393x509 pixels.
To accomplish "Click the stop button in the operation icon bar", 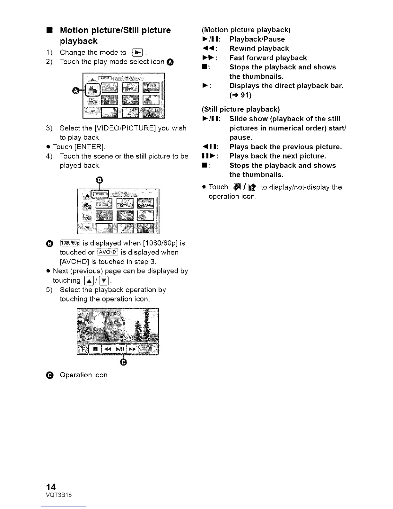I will (x=95, y=349).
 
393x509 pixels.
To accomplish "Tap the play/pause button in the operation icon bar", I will (x=120, y=349).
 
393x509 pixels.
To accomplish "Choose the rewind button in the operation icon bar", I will (x=107, y=349).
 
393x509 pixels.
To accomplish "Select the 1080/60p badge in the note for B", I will (x=71, y=243).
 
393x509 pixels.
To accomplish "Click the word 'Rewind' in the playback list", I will (x=243, y=49).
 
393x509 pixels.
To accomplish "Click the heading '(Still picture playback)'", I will (x=241, y=109).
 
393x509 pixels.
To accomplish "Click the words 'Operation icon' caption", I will (x=83, y=375).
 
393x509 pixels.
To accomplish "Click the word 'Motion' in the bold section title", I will (x=74, y=30).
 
